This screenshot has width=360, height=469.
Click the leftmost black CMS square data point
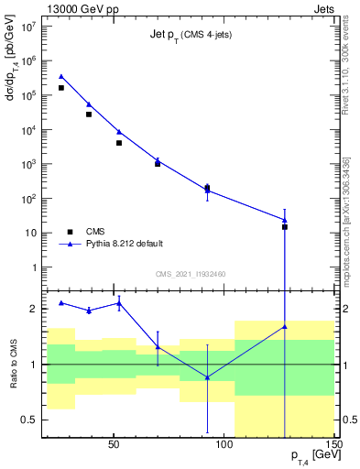(61, 88)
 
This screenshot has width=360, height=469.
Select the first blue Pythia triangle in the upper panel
(61, 77)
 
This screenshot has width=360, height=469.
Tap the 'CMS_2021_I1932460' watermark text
(190, 274)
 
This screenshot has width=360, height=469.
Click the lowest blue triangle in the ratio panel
(207, 377)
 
